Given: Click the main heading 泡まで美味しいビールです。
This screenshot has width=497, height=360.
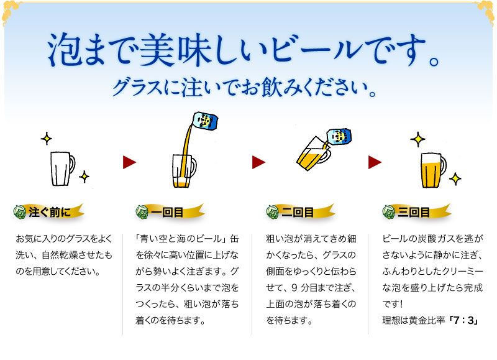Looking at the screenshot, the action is pyautogui.click(x=244, y=51).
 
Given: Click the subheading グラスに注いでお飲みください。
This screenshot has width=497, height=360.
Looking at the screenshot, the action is pyautogui.click(x=244, y=87).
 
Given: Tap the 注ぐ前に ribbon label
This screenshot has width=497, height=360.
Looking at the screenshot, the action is pyautogui.click(x=49, y=212).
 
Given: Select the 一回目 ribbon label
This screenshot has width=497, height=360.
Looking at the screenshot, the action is pyautogui.click(x=170, y=212).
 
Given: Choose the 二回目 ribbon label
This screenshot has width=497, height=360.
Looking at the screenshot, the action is pyautogui.click(x=301, y=212).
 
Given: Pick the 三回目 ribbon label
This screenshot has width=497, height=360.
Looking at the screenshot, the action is pyautogui.click(x=416, y=212).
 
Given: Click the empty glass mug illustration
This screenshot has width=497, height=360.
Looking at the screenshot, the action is pyautogui.click(x=63, y=168).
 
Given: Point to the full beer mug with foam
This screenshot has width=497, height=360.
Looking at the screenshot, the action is pyautogui.click(x=433, y=170).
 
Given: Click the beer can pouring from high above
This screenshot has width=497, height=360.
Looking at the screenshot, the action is pyautogui.click(x=206, y=121).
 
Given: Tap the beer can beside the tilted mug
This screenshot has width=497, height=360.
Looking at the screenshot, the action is pyautogui.click(x=339, y=137).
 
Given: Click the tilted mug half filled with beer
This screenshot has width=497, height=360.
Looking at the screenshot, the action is pyautogui.click(x=313, y=154).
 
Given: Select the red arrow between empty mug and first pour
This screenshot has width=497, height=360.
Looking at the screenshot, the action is pyautogui.click(x=129, y=162).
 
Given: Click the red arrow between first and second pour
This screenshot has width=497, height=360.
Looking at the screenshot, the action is pyautogui.click(x=258, y=162).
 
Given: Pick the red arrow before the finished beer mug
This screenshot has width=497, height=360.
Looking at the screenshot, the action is pyautogui.click(x=375, y=162).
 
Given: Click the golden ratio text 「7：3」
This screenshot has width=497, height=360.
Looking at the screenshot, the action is pyautogui.click(x=463, y=320).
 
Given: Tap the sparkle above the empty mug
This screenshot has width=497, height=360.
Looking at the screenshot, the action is pyautogui.click(x=47, y=139).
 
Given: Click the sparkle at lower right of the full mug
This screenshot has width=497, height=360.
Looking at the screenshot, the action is pyautogui.click(x=455, y=179).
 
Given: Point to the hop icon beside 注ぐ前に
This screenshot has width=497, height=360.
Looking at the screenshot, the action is pyautogui.click(x=20, y=212).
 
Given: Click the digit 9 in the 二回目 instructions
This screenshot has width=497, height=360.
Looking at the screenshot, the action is pyautogui.click(x=294, y=288).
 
